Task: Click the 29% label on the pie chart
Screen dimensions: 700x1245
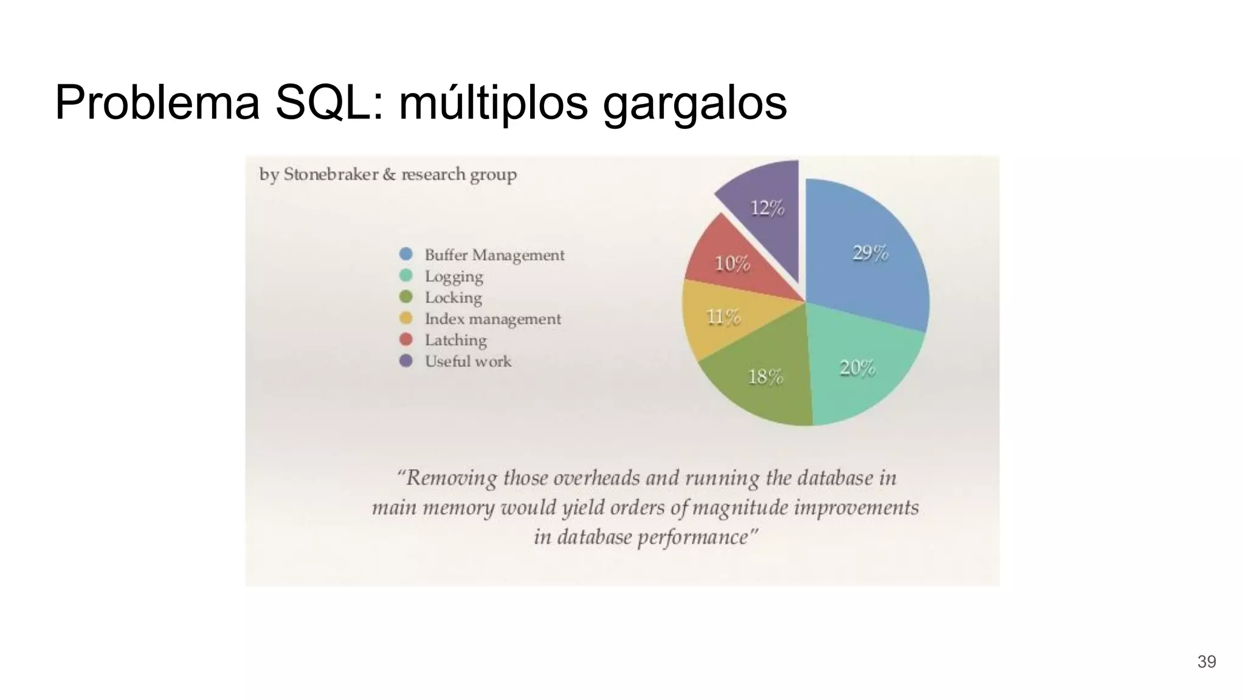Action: [870, 252]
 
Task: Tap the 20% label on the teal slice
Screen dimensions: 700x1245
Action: [857, 368]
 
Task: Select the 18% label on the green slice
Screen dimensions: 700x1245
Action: [765, 377]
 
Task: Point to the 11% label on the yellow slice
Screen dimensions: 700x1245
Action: [723, 317]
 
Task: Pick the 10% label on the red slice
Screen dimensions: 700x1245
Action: [732, 264]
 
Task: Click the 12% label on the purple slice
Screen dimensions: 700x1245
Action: [767, 208]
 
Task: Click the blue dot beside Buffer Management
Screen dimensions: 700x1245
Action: [405, 254]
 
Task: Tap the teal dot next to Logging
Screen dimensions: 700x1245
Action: [405, 275]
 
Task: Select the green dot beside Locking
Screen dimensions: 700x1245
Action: [405, 297]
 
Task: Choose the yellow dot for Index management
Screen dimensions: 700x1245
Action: [405, 318]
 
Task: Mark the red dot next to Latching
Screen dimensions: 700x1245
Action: [405, 339]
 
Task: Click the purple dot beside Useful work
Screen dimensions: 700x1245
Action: [405, 360]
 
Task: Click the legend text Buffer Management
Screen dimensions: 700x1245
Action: [494, 255]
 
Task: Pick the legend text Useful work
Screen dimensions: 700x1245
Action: [468, 361]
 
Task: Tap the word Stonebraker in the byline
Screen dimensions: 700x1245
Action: [331, 174]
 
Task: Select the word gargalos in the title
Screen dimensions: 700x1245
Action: [695, 103]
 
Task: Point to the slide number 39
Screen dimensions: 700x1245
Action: [1206, 662]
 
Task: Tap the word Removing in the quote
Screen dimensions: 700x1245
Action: [451, 478]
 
